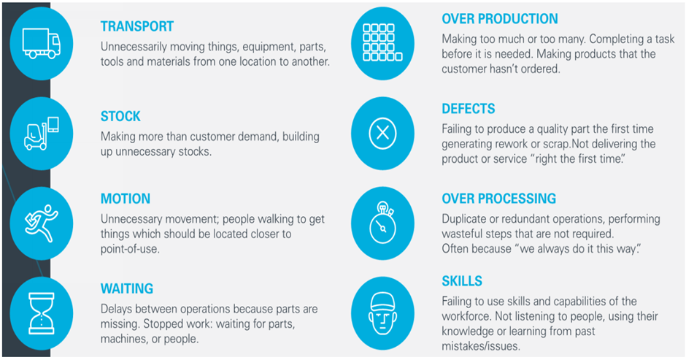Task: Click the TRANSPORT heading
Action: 137,27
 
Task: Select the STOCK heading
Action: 120,117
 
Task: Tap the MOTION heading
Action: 126,199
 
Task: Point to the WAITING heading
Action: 127,289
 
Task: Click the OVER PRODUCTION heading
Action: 500,19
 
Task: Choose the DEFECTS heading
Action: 469,109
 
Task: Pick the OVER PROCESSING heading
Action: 499,199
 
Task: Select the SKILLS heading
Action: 462,281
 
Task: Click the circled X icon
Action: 382,133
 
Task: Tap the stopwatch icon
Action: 382,222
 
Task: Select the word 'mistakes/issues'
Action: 481,345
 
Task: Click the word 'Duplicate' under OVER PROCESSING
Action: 465,219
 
